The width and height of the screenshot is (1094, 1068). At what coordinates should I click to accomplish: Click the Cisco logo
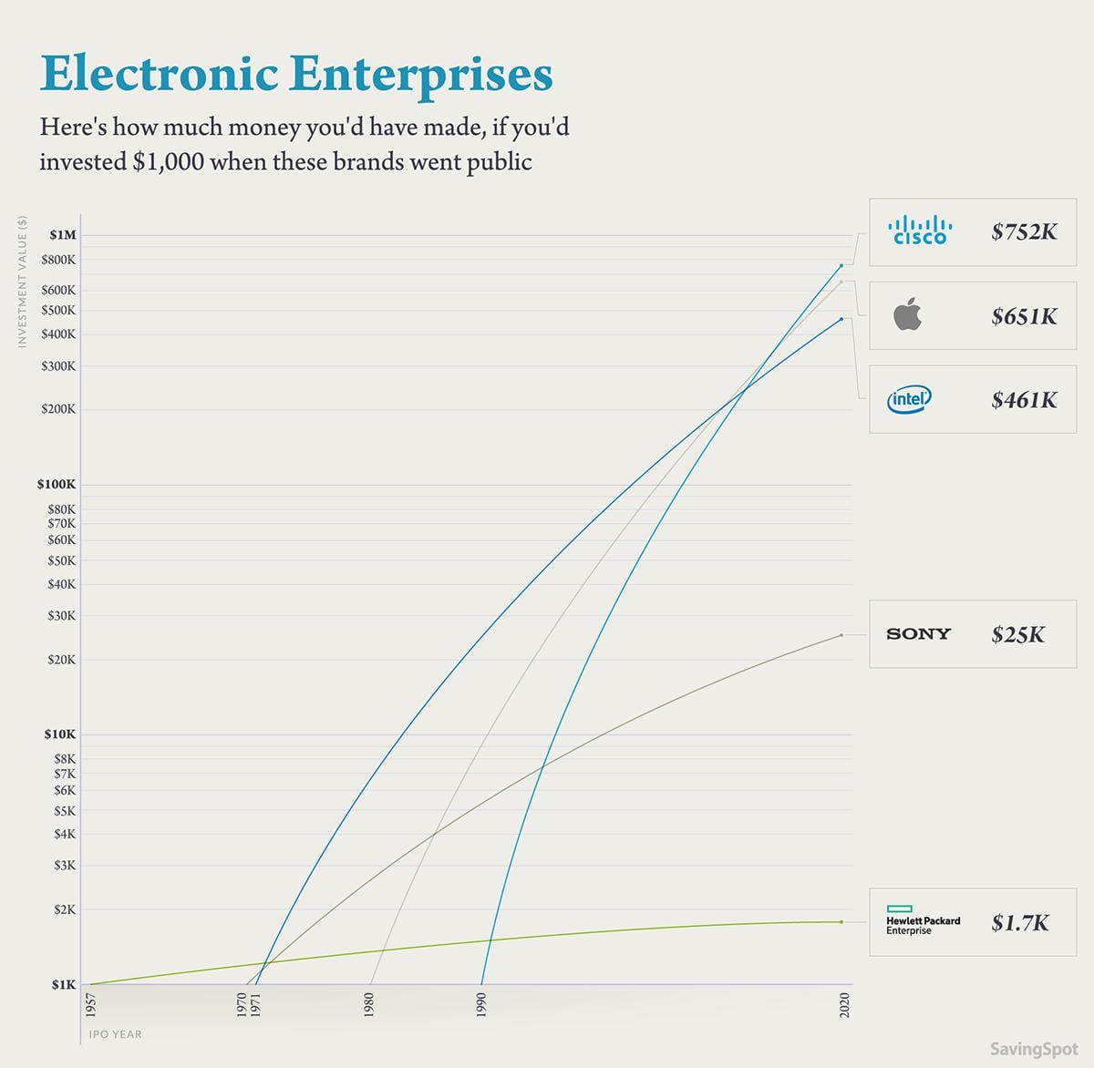[920, 231]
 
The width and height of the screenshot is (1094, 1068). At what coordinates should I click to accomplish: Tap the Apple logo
[907, 315]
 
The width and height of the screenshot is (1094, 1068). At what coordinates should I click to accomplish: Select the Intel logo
[909, 399]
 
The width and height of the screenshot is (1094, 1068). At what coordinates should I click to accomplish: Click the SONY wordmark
[918, 634]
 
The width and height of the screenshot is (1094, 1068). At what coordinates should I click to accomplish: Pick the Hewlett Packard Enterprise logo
[923, 921]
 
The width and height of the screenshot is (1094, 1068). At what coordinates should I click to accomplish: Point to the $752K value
[1024, 231]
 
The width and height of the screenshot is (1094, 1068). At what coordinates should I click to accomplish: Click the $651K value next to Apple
[1024, 316]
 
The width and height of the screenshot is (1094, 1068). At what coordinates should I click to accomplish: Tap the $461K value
[1024, 400]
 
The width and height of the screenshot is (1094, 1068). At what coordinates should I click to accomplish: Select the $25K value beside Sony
[1017, 635]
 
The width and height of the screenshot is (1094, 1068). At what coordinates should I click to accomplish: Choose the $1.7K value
[1020, 923]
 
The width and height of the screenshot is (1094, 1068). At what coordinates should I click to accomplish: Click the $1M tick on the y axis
[63, 235]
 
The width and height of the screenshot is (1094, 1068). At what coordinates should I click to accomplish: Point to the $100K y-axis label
[57, 485]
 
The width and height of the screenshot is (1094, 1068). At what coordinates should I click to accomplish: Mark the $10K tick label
[60, 734]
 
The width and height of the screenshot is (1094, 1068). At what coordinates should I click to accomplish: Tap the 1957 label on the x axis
[90, 1006]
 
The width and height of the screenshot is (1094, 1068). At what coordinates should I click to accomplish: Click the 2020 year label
[844, 1005]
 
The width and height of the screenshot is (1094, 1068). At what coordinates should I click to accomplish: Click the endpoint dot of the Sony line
[841, 635]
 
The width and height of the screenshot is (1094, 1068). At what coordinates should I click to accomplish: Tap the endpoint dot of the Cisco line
[841, 266]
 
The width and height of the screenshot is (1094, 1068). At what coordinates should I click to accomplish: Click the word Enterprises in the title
[425, 74]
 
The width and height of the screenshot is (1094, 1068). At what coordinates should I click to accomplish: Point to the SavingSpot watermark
[1034, 1049]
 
